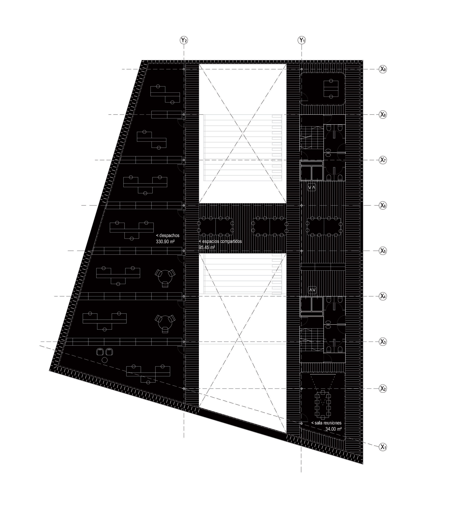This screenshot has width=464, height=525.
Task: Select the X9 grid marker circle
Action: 383,69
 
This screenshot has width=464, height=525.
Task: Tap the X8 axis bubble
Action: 383,115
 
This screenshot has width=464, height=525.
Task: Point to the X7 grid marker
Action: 383,160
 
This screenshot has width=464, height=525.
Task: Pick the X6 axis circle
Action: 383,206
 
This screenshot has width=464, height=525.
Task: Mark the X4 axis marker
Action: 383,296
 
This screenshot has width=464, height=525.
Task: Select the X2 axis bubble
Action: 383,389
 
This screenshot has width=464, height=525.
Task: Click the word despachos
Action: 169,236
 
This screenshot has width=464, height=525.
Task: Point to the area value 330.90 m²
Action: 165,242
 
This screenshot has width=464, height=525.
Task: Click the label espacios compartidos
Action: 222,241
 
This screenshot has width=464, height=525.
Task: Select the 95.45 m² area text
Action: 207,248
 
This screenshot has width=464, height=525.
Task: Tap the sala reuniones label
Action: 328,423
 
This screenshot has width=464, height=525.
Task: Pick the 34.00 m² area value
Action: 333,429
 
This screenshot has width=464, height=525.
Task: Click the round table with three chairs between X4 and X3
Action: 165,323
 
